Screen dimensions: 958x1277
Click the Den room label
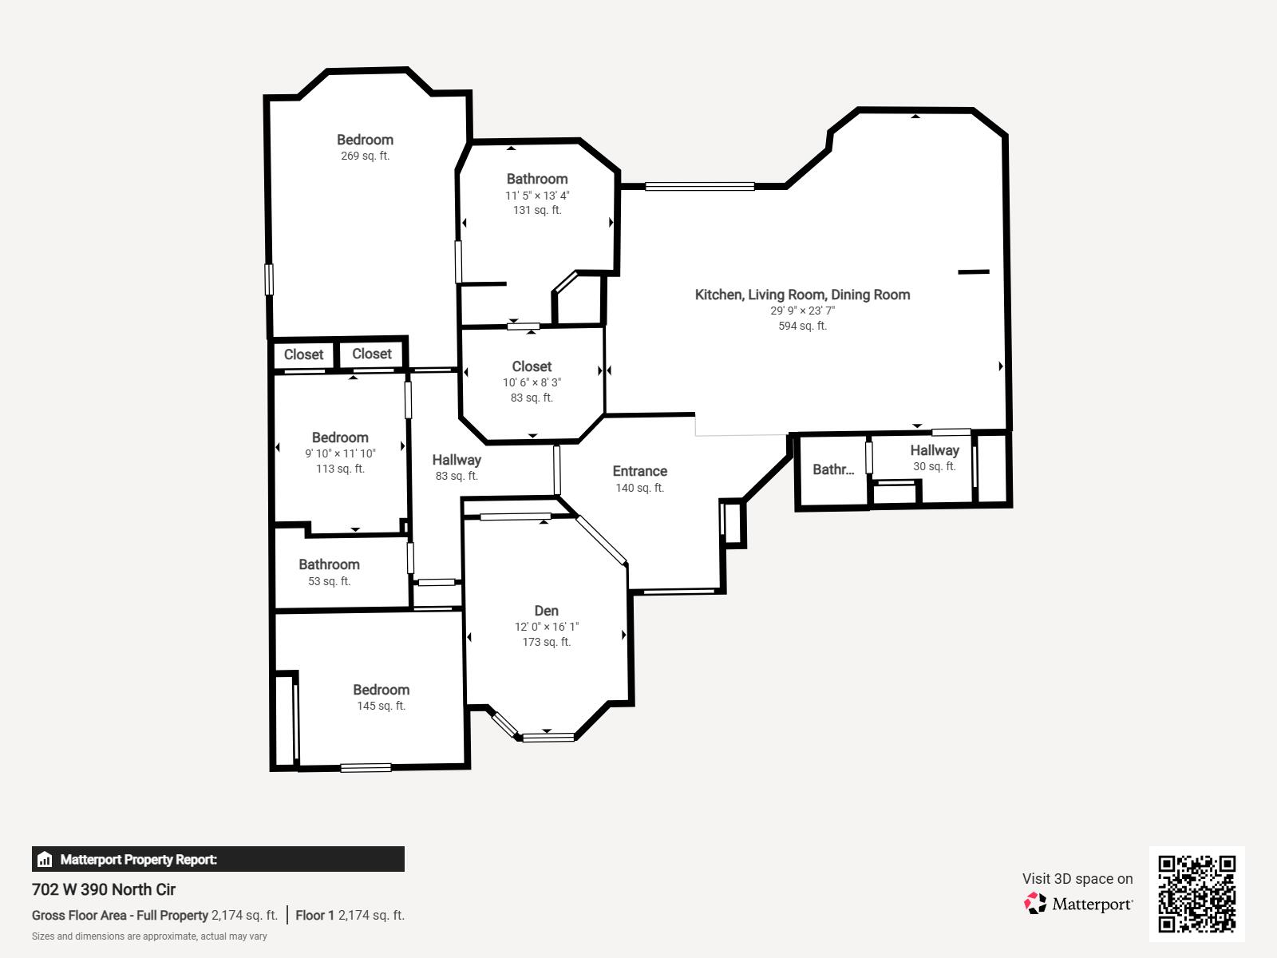click(x=546, y=611)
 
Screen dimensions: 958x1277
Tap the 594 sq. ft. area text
click(x=802, y=326)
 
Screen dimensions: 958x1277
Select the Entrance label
click(x=639, y=471)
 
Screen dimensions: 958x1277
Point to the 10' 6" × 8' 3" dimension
click(x=532, y=382)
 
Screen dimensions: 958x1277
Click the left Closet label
click(x=303, y=354)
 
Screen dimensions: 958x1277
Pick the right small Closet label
click(x=371, y=354)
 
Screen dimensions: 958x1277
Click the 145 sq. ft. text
click(x=381, y=706)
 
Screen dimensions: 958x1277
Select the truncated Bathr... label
click(x=832, y=469)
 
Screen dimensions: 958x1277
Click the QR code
click(x=1196, y=893)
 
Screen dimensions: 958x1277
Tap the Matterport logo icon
click(x=1035, y=903)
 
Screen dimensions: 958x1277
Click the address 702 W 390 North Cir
click(x=104, y=889)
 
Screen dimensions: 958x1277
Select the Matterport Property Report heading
click(x=138, y=860)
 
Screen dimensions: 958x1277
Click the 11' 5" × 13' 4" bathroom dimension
click(x=537, y=196)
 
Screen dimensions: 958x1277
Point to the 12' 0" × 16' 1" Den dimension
click(x=546, y=627)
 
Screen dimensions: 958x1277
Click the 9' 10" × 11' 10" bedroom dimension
click(x=340, y=453)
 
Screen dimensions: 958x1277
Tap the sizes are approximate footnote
click(x=149, y=936)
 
